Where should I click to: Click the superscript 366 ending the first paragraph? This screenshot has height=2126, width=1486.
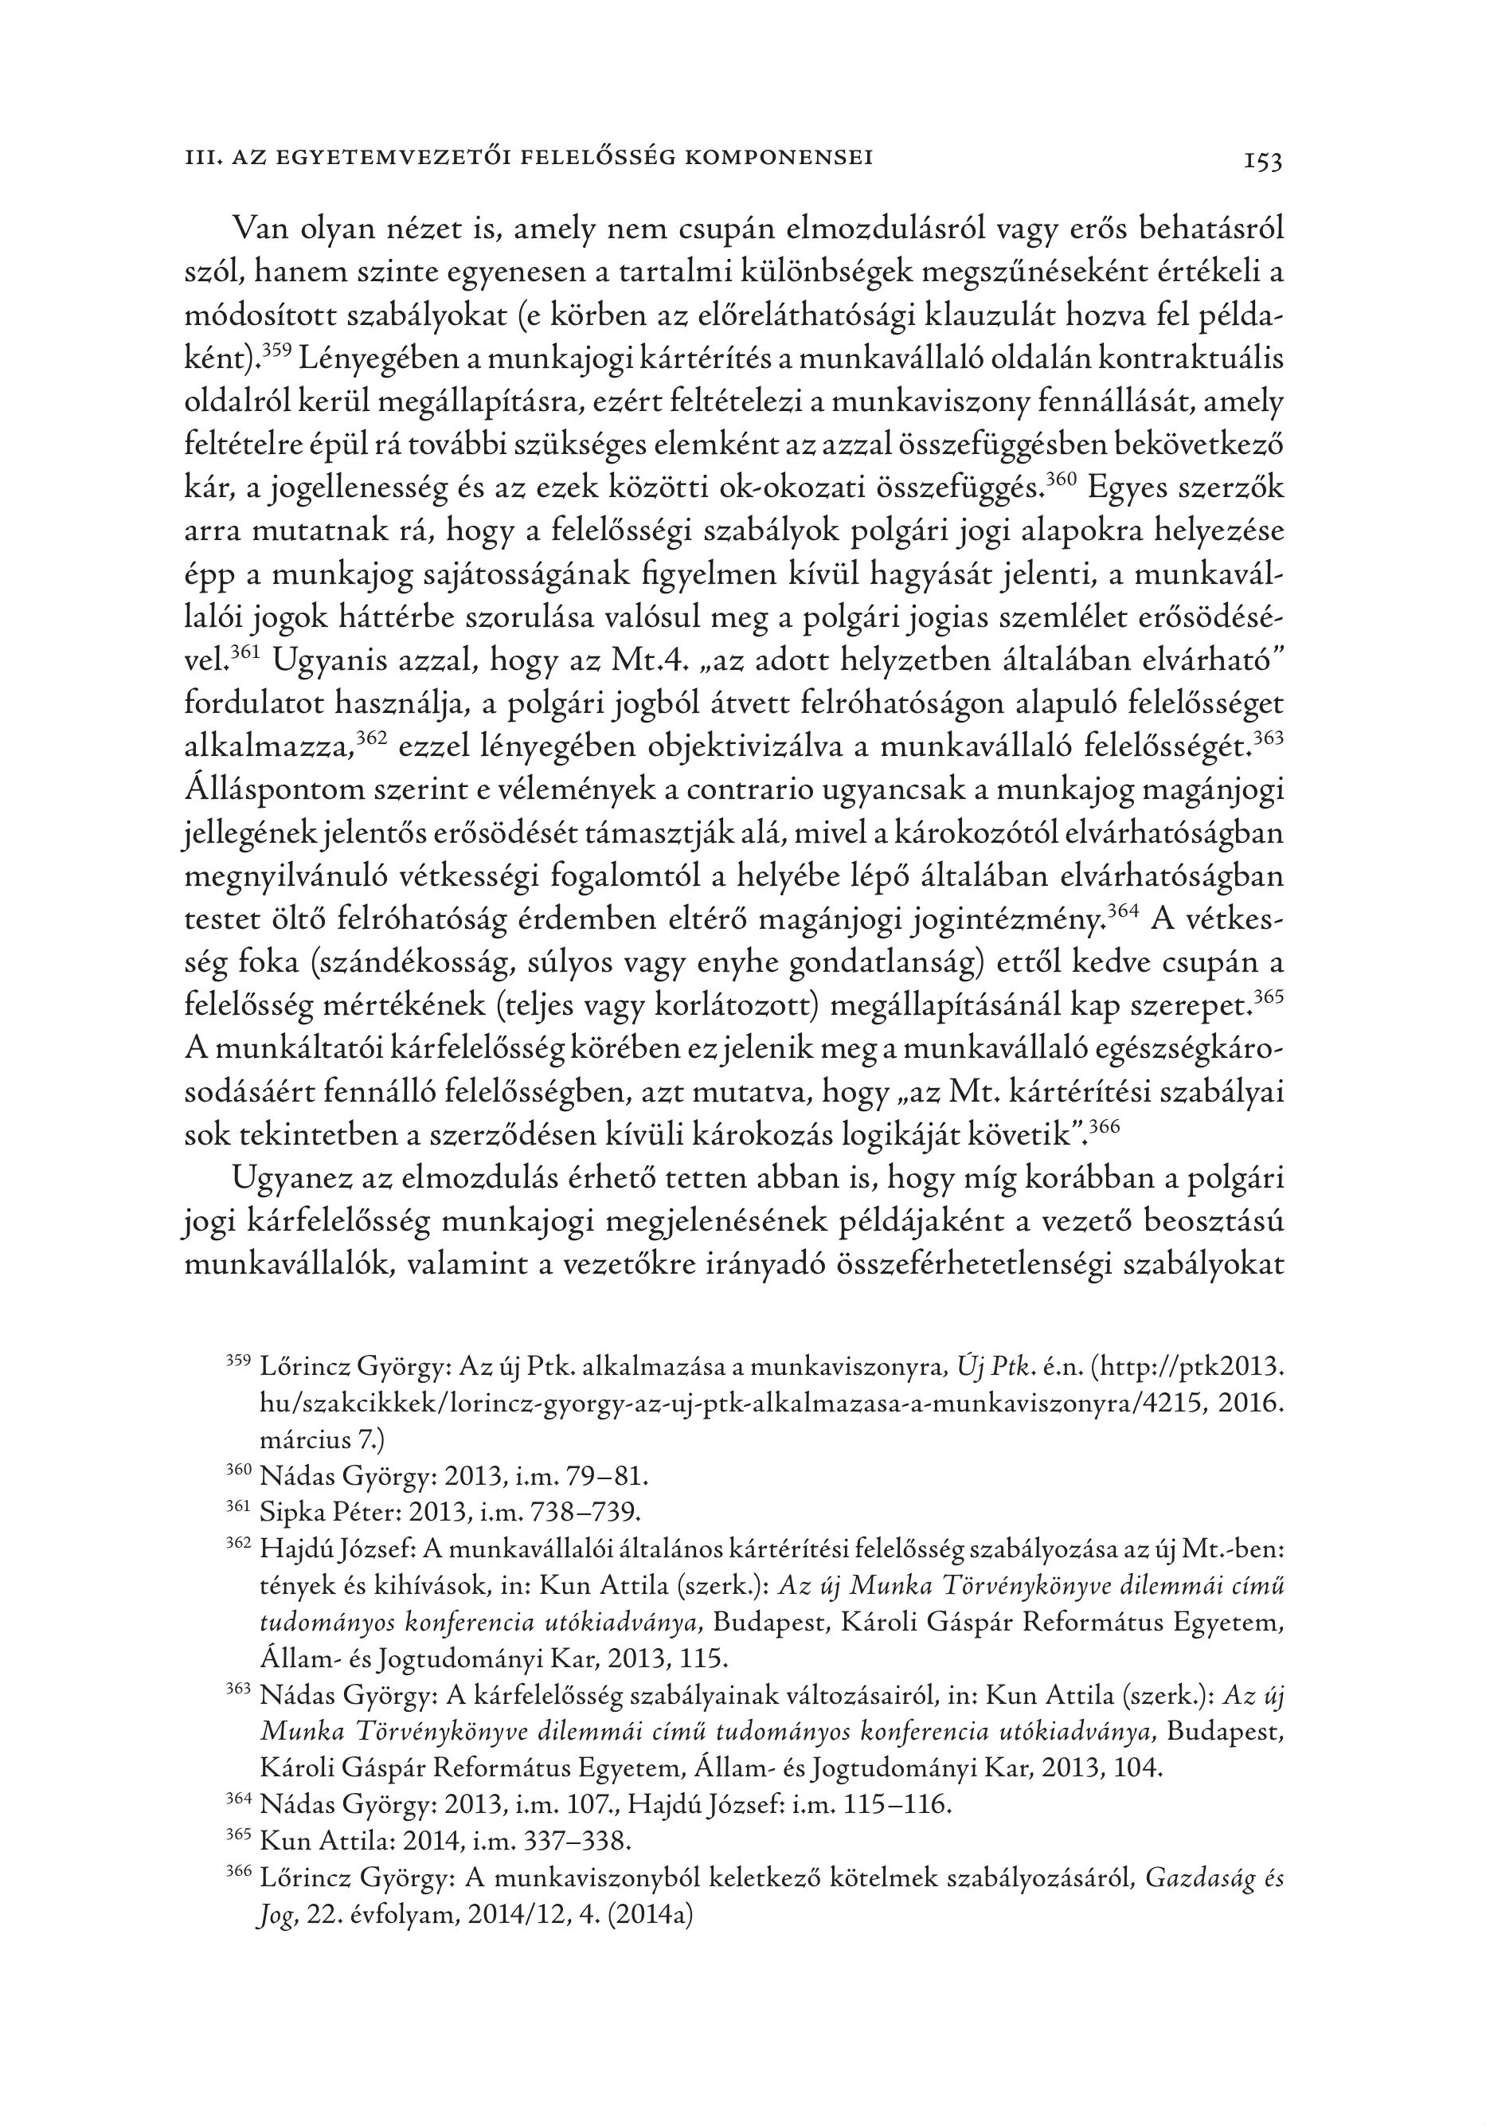point(1105,1126)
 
